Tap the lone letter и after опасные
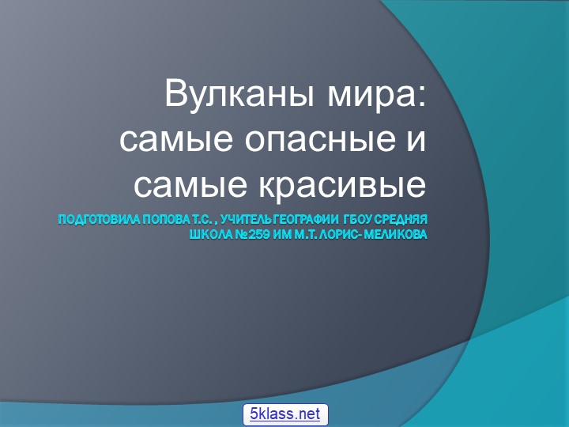[416, 140]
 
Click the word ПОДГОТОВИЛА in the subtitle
[96, 218]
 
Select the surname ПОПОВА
[164, 218]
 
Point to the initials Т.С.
[202, 218]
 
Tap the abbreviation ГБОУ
[357, 218]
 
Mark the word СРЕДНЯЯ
[402, 218]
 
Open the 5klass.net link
[284, 414]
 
